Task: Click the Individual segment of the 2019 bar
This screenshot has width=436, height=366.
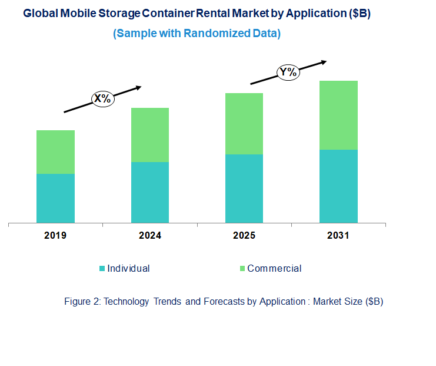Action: coord(55,198)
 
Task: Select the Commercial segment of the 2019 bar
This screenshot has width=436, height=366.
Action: coord(55,152)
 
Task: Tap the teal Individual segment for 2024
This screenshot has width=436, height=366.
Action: coord(149,192)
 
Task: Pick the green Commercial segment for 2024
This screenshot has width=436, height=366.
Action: coord(149,135)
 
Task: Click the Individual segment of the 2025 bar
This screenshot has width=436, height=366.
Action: coord(244,189)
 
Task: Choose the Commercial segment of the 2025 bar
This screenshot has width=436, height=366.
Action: coord(244,124)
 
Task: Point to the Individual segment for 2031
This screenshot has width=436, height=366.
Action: coord(338,186)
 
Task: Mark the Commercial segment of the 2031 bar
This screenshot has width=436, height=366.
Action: coord(338,115)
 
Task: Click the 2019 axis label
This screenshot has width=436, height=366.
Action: coord(55,236)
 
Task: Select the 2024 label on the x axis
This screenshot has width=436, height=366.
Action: coord(149,236)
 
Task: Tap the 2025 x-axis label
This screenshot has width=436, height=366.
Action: coord(244,236)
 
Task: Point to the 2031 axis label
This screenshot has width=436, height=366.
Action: coord(338,236)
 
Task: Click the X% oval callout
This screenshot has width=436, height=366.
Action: coord(102,98)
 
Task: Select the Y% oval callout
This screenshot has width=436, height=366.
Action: coord(288,72)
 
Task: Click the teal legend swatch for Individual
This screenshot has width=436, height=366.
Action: coord(102,269)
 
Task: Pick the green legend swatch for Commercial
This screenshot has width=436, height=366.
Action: coord(241,269)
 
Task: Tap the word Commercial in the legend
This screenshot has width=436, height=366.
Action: coord(274,269)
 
